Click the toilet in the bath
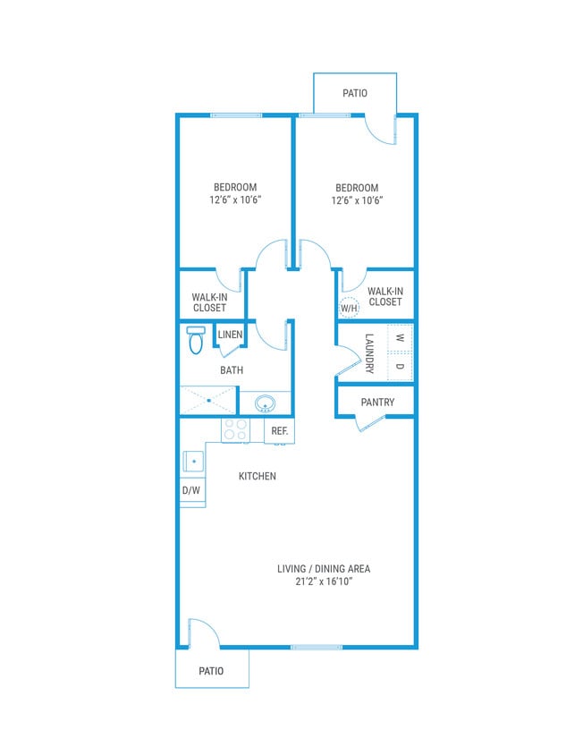click(x=196, y=340)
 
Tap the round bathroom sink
click(x=265, y=403)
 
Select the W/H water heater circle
click(x=349, y=308)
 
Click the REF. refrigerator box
click(x=279, y=431)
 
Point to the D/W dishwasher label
click(x=191, y=491)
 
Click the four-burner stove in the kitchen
click(x=235, y=430)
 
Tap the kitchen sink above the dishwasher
click(x=193, y=462)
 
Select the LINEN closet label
click(x=230, y=335)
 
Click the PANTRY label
click(x=377, y=403)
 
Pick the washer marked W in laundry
click(x=400, y=338)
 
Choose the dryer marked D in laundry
click(x=400, y=367)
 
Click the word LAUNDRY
click(x=368, y=352)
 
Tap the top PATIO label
click(x=355, y=93)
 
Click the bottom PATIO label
click(x=212, y=671)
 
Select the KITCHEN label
click(x=257, y=477)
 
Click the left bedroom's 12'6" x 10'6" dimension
click(x=235, y=200)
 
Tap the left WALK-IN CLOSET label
click(x=209, y=301)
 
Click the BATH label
click(x=232, y=369)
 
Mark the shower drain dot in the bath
click(x=209, y=401)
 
